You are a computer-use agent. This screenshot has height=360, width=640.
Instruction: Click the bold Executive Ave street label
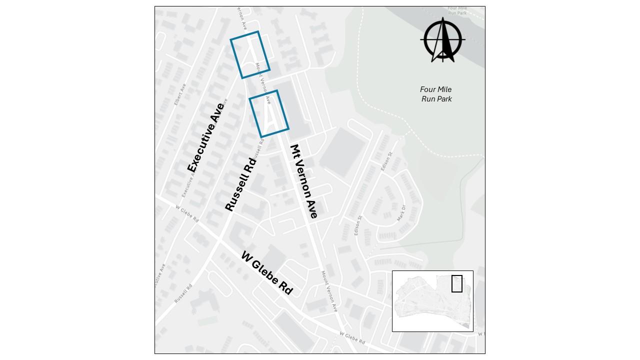[x=206, y=137]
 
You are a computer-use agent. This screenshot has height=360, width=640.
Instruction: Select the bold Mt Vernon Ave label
[x=303, y=181]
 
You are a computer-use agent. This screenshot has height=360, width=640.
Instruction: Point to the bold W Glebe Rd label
[x=266, y=273]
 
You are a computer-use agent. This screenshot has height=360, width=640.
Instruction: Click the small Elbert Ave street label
[x=180, y=94]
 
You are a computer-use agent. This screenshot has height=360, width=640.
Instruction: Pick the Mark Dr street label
[x=401, y=213]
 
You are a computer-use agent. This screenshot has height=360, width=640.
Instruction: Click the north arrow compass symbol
[x=443, y=40]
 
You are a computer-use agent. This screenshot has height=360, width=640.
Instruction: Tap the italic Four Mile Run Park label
[x=436, y=94]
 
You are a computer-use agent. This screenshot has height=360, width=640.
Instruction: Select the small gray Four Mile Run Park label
[x=457, y=10]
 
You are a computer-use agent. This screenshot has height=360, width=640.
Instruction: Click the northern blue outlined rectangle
[x=250, y=54]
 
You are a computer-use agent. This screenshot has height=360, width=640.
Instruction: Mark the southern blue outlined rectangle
[x=269, y=113]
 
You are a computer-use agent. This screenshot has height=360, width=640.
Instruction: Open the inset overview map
[x=432, y=301]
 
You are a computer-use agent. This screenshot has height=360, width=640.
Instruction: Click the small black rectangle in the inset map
[x=457, y=283]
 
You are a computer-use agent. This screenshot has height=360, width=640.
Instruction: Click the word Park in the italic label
[x=444, y=99]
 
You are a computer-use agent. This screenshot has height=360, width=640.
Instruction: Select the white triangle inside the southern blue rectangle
[x=270, y=118]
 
